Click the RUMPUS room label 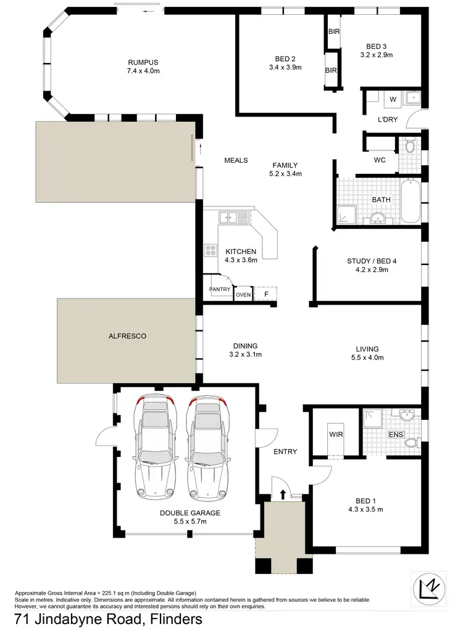(x=143, y=62)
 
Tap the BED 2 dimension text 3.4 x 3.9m (x=285, y=67)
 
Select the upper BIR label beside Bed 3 (x=334, y=31)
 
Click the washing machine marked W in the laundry (x=393, y=99)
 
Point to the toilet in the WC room (x=410, y=146)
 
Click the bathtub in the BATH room (x=411, y=202)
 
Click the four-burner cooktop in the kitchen (x=211, y=250)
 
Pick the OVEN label (x=243, y=294)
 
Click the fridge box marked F (x=266, y=294)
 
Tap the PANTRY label (x=220, y=289)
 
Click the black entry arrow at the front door (x=283, y=493)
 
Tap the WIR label (x=336, y=434)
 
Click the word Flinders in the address (x=174, y=619)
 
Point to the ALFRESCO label (x=127, y=336)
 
